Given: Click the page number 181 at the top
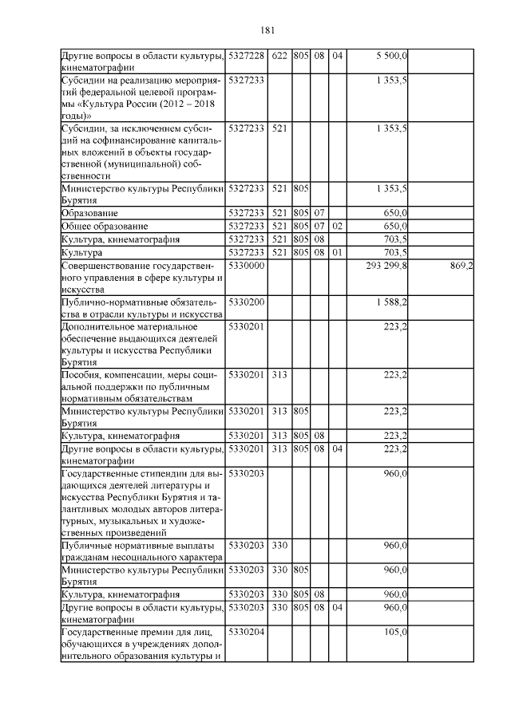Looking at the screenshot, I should [x=267, y=30].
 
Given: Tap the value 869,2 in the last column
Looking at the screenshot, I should [x=458, y=265].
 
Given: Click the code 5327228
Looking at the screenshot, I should [x=246, y=56].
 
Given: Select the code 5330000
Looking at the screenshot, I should [x=246, y=265].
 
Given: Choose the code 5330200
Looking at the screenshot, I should [x=246, y=304].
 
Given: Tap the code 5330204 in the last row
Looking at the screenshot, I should [x=246, y=632].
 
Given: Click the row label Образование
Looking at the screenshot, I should [x=89, y=214].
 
